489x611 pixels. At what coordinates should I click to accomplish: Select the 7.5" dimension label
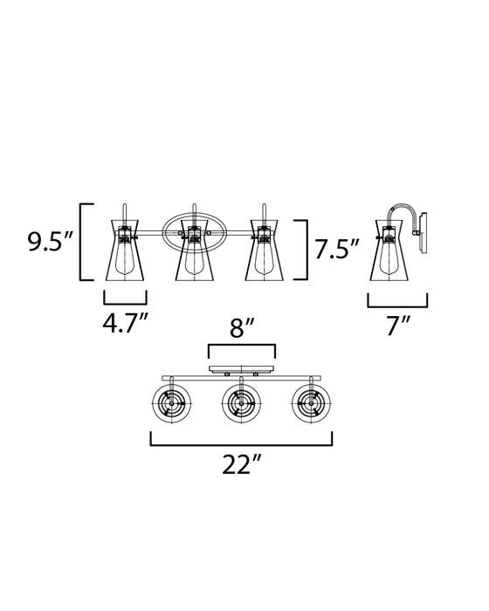tap(337, 251)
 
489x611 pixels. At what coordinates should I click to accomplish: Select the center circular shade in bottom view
tap(240, 403)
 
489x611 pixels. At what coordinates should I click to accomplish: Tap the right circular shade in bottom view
tap(312, 403)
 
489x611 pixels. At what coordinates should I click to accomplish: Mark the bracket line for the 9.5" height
tap(81, 242)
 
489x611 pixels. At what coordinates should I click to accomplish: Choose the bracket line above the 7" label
tap(397, 306)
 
